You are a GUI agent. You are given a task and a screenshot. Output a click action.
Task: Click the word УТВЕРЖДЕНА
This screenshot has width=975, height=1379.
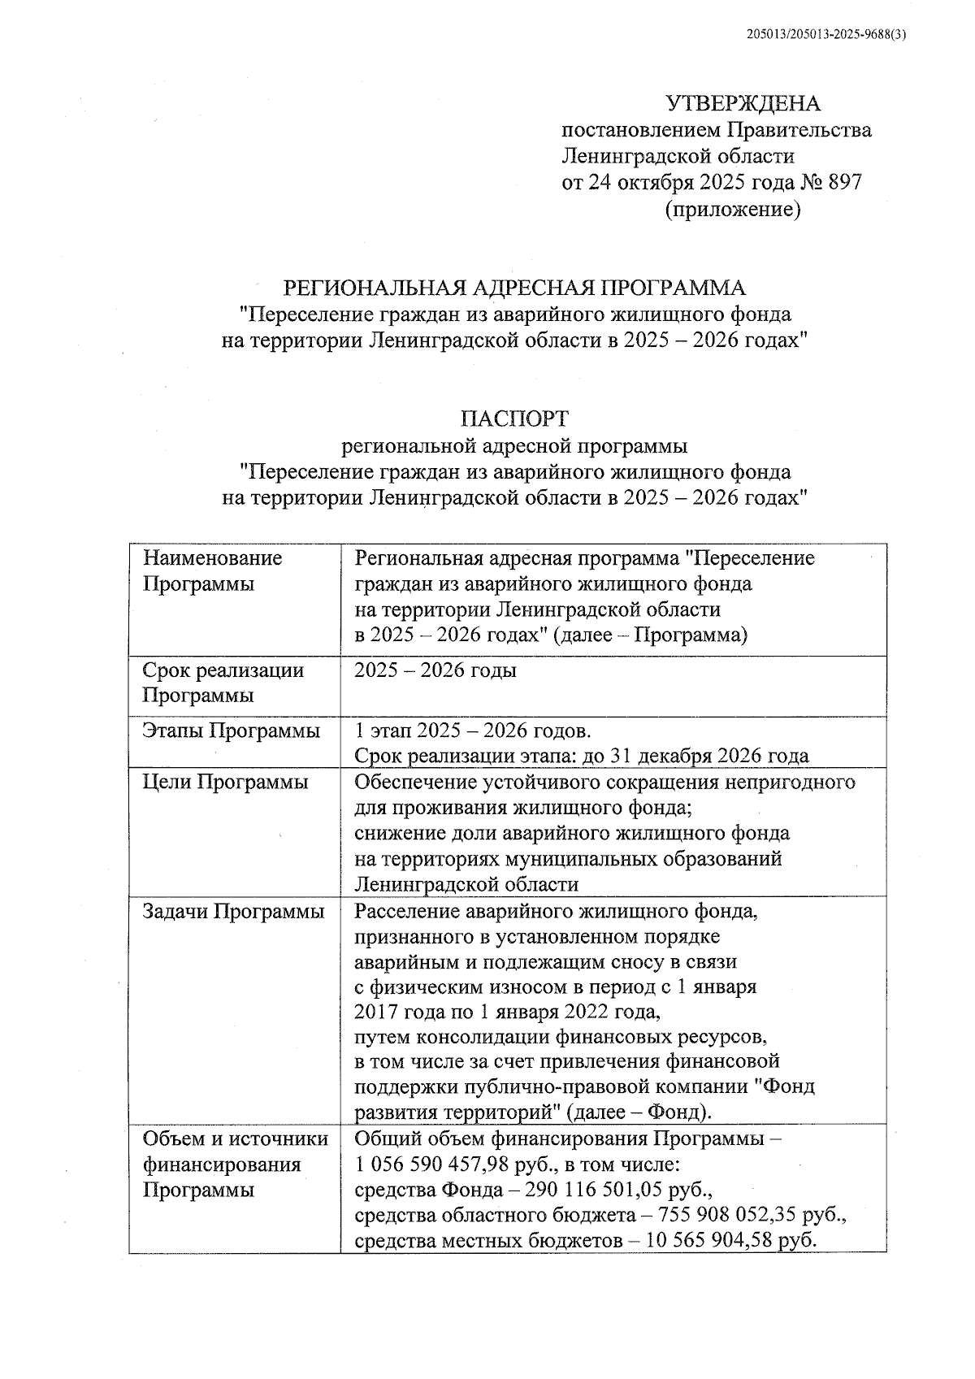click(743, 103)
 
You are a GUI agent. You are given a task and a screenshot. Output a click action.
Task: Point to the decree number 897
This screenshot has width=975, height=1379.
click(844, 181)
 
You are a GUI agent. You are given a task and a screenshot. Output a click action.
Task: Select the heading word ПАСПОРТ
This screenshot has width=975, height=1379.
click(514, 418)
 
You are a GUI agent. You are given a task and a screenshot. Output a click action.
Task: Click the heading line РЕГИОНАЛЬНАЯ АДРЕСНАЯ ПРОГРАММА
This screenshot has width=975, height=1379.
click(513, 288)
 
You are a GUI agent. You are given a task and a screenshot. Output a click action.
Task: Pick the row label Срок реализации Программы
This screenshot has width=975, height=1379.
click(223, 683)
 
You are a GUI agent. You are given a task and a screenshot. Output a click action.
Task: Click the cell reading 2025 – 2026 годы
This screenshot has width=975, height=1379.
click(435, 670)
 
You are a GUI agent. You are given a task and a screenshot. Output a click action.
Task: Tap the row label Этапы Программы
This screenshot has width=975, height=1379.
click(231, 730)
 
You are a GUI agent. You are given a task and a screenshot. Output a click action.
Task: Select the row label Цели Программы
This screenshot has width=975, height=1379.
click(225, 782)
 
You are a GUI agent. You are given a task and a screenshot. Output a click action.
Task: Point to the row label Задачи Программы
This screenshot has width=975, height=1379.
click(233, 911)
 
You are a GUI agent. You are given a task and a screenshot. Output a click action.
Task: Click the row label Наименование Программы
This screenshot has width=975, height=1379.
click(212, 570)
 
